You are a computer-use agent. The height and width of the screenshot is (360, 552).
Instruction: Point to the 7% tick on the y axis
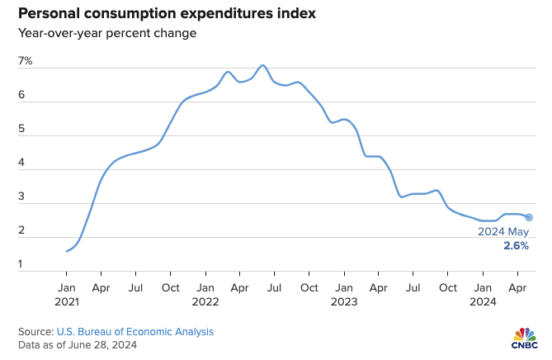click(x=26, y=62)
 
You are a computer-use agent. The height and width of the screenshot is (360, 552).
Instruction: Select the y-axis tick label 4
click(x=23, y=165)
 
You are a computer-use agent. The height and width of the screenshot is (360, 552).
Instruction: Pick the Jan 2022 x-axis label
click(x=205, y=294)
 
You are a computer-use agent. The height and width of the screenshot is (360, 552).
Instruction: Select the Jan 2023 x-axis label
click(x=343, y=294)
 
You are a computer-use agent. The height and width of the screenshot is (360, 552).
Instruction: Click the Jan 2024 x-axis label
click(x=483, y=294)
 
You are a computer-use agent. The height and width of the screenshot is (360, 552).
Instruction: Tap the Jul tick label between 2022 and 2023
click(x=274, y=287)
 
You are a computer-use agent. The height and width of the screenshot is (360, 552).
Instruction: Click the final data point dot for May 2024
click(x=529, y=217)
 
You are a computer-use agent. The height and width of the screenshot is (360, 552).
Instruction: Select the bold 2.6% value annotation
click(x=517, y=246)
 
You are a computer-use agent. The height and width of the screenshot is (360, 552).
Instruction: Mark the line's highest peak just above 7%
click(x=262, y=65)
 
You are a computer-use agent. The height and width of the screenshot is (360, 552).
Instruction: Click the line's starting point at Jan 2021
click(x=66, y=251)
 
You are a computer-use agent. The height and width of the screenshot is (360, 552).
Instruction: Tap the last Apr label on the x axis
click(x=517, y=287)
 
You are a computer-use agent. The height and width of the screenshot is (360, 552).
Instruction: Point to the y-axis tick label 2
click(x=23, y=233)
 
